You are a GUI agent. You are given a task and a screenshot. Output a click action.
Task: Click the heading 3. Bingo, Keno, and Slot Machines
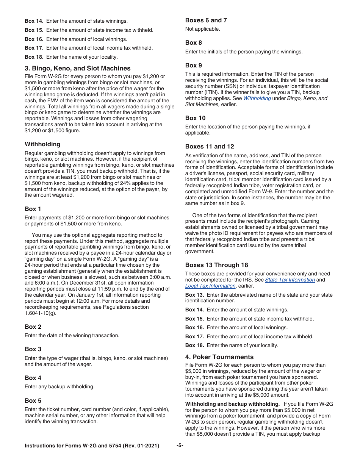click(77, 68)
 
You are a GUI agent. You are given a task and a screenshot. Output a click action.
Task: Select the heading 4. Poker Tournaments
click(219, 357)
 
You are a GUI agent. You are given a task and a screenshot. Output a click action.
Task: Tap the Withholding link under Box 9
click(257, 98)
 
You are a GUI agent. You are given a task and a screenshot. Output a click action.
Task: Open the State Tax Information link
click(290, 280)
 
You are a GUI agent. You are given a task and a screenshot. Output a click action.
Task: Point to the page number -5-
click(180, 446)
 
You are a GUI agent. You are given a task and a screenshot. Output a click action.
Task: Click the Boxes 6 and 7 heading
click(206, 20)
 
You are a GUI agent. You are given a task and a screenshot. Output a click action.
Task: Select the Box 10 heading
click(195, 118)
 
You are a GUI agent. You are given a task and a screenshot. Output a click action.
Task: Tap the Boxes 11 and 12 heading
click(210, 146)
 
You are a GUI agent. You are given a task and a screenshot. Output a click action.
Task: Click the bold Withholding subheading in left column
click(42, 144)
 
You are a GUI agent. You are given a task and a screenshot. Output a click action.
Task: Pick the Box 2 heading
click(33, 327)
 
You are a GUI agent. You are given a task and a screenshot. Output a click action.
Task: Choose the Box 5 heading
click(33, 400)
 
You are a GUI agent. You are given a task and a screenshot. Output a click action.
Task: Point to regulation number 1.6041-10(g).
click(40, 313)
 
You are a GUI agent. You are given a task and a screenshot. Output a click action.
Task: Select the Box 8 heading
click(193, 42)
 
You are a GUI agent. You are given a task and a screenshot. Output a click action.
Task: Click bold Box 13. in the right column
click(194, 295)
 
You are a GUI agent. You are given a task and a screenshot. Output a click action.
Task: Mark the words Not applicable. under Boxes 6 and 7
click(202, 29)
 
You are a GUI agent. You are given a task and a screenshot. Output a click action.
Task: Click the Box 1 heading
click(33, 209)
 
